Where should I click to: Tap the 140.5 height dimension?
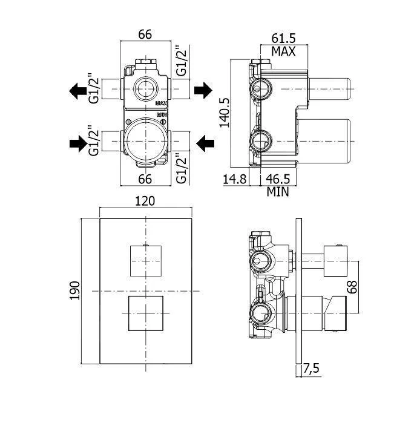(x=224, y=111)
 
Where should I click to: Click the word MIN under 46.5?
(x=278, y=192)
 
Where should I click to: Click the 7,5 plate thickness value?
(x=312, y=367)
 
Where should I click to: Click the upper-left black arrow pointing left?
(x=77, y=91)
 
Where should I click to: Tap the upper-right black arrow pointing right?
(x=203, y=91)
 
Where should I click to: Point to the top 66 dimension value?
(x=145, y=34)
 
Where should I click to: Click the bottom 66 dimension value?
(x=145, y=179)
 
